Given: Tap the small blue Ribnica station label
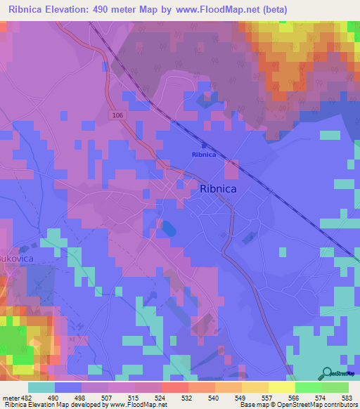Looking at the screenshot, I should pyautogui.click(x=205, y=155).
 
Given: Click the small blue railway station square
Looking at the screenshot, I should pyautogui.click(x=195, y=145).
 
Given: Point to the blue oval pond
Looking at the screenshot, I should pyautogui.click(x=169, y=228).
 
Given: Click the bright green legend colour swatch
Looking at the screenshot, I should pyautogui.click(x=309, y=387).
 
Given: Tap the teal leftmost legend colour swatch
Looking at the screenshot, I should pyautogui.click(x=41, y=387).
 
